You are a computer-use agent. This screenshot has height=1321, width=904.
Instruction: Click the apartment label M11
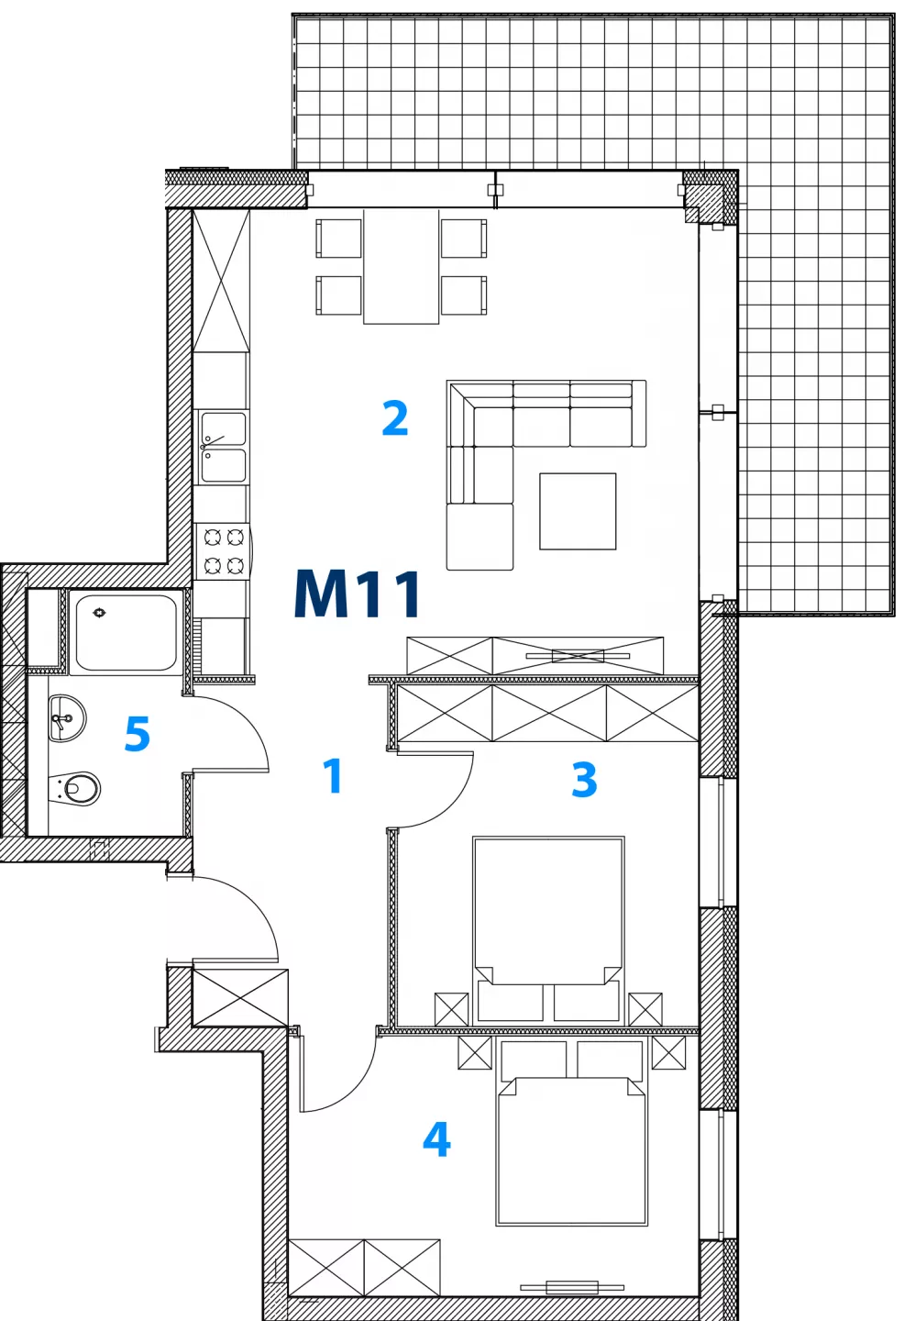coord(358,594)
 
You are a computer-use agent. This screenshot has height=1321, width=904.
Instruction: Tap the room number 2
coord(395,418)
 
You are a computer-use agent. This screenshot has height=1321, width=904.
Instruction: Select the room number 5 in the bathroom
coord(138,734)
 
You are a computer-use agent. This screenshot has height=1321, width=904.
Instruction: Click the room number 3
coord(584,779)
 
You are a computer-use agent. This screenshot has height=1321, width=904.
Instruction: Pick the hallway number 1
coord(333,775)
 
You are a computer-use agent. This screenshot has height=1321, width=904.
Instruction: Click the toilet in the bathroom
coord(75,789)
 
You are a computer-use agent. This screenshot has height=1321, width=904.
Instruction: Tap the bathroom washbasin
coord(67,717)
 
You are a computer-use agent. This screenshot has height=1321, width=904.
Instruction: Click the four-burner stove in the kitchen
coord(224,551)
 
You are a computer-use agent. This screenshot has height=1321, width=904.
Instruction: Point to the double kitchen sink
coord(224,447)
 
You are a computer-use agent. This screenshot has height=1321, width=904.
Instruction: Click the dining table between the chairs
coord(402,267)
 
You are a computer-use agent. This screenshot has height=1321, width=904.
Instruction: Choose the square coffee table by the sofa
coord(578,511)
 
